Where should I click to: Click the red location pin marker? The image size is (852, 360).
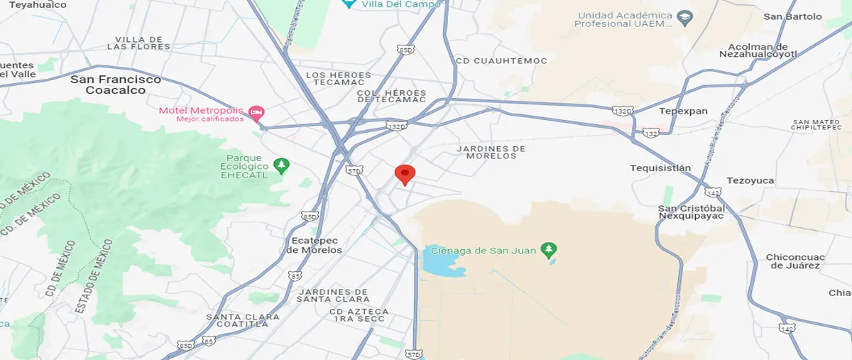[405, 174]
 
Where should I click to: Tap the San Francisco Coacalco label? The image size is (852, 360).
[116, 84]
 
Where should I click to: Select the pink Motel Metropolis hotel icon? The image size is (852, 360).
[257, 112]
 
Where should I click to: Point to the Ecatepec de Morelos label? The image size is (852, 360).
[314, 245]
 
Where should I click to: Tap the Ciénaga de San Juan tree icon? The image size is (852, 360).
[548, 250]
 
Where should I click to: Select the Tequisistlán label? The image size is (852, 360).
[660, 168]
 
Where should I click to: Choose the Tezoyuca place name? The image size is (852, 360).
[750, 180]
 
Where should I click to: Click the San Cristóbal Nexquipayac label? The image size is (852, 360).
[691, 212]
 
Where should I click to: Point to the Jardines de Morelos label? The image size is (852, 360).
[491, 152]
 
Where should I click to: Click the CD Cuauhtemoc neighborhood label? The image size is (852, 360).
[501, 61]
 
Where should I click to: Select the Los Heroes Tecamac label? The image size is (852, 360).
[339, 79]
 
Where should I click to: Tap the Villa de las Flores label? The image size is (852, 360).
[138, 43]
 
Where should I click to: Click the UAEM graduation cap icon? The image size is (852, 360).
[684, 16]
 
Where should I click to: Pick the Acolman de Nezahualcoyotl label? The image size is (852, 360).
[758, 50]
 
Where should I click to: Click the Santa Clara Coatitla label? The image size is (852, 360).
[237, 320]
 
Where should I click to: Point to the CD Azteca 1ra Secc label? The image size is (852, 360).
[359, 315]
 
